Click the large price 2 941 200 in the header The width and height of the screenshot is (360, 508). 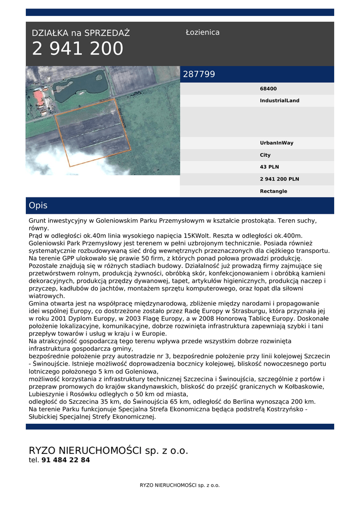click(x=77, y=49)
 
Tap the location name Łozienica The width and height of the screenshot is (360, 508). click(x=203, y=32)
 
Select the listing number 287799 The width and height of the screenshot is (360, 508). click(x=199, y=74)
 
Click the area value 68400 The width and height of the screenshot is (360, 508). click(x=268, y=89)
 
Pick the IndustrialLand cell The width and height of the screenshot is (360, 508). click(x=280, y=101)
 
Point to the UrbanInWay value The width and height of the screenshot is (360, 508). click(x=277, y=143)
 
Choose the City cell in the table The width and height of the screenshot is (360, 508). click(x=265, y=155)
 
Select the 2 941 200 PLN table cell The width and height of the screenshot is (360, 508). click(x=280, y=179)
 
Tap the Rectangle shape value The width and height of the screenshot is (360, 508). click(x=274, y=191)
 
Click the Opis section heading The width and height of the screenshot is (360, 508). click(x=38, y=205)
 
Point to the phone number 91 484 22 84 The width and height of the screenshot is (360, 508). click(x=66, y=460)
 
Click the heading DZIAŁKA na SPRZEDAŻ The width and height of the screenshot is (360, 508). click(x=81, y=33)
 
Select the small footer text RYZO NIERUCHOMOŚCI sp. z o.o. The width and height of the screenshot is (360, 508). click(x=180, y=485)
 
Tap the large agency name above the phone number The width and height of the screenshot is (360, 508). click(x=109, y=450)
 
